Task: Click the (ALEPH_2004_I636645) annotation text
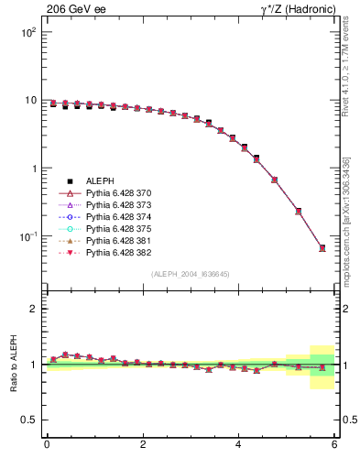click(x=191, y=274)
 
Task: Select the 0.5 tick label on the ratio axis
click(x=27, y=420)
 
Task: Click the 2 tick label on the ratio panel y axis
click(x=32, y=309)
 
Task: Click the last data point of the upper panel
click(x=322, y=248)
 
